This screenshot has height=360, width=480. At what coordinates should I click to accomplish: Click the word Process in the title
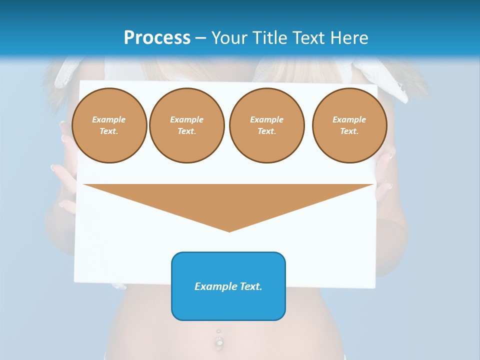[x=157, y=37]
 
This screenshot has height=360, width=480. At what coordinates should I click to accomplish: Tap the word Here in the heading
[x=348, y=37]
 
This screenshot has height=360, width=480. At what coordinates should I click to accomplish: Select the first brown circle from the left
[x=109, y=125]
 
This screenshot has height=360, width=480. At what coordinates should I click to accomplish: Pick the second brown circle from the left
[x=186, y=125]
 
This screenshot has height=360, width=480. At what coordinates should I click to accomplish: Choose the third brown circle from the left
[x=266, y=125]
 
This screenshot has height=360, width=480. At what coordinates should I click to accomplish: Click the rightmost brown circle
[x=349, y=125]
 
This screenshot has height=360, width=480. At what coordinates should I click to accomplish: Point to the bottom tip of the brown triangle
[x=229, y=231]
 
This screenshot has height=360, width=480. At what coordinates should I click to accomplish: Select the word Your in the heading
[x=229, y=37]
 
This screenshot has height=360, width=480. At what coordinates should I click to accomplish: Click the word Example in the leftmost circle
[x=109, y=120]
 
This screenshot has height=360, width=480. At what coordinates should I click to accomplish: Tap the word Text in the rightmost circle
[x=349, y=131]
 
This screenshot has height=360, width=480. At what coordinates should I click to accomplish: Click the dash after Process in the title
[x=201, y=38]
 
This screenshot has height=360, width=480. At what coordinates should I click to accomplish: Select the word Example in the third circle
[x=266, y=120]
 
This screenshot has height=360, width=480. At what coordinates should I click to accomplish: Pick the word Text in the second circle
[x=186, y=131]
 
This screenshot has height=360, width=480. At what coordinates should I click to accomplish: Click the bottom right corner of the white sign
[x=374, y=287]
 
